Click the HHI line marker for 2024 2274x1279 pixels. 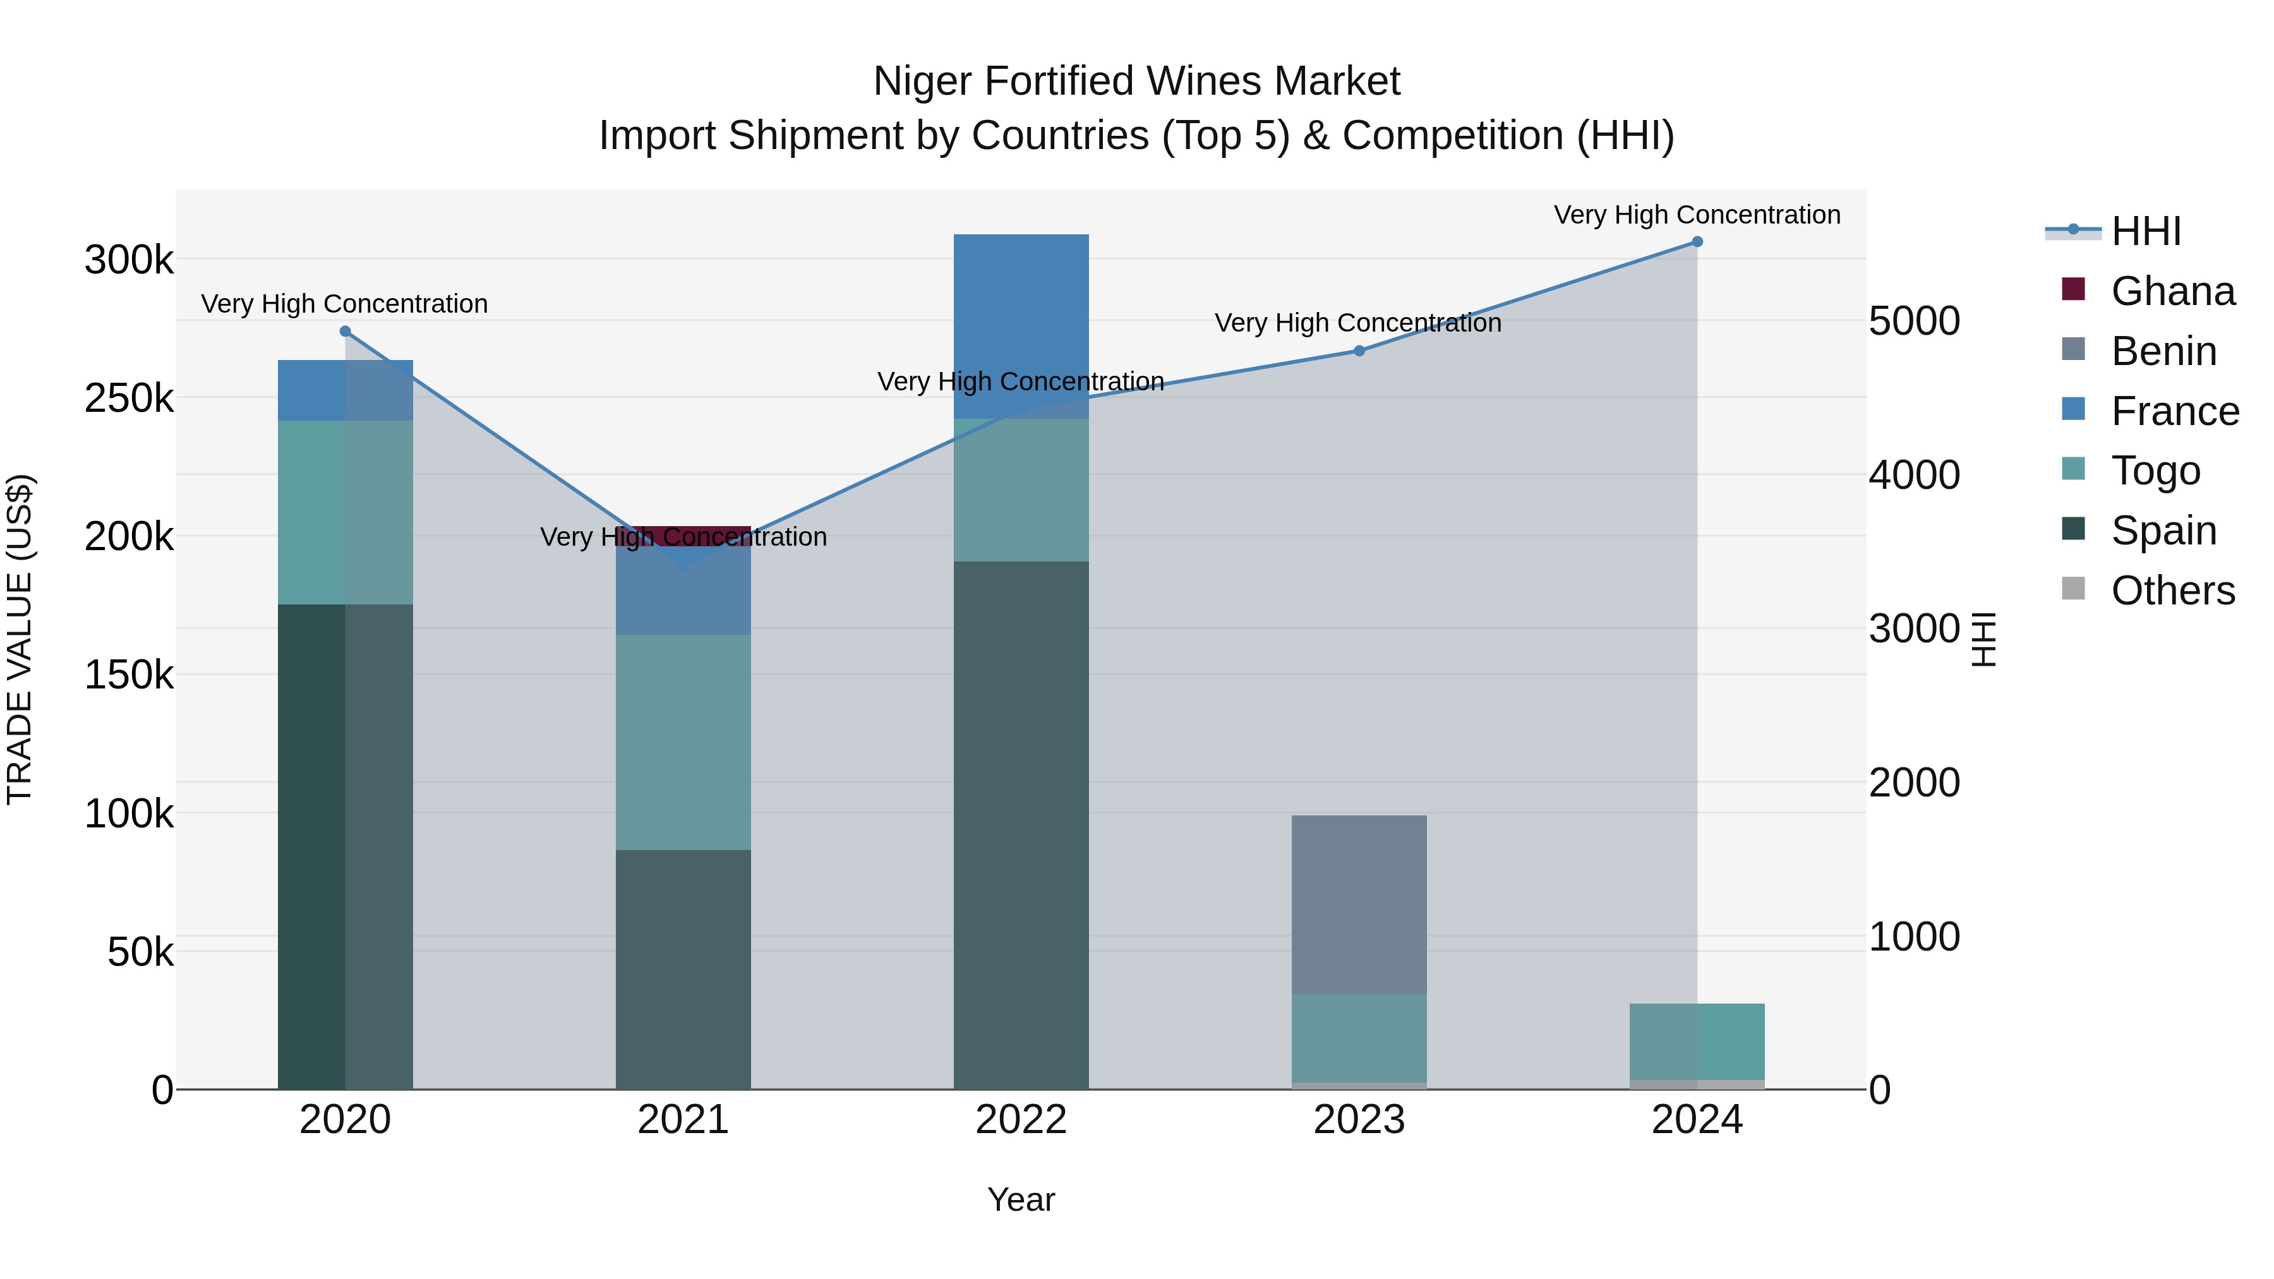1697,242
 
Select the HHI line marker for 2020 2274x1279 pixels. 345,332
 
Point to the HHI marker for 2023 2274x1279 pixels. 1359,351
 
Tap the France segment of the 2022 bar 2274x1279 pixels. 1021,326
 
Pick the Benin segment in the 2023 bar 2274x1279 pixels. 1359,904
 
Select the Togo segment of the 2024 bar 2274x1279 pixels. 1697,1042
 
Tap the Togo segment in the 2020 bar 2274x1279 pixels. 345,512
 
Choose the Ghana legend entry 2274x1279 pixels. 2172,291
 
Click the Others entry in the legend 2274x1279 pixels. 2172,591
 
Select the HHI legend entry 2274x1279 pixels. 2145,231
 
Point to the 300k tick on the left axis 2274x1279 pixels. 129,260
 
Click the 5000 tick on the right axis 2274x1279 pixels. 1914,321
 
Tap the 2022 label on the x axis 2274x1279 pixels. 1021,1120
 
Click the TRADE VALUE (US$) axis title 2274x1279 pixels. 20,639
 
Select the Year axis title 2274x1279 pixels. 1021,1199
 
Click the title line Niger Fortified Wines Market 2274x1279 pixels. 1136,81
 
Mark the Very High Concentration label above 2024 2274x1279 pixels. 1697,215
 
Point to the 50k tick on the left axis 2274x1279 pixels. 140,952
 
